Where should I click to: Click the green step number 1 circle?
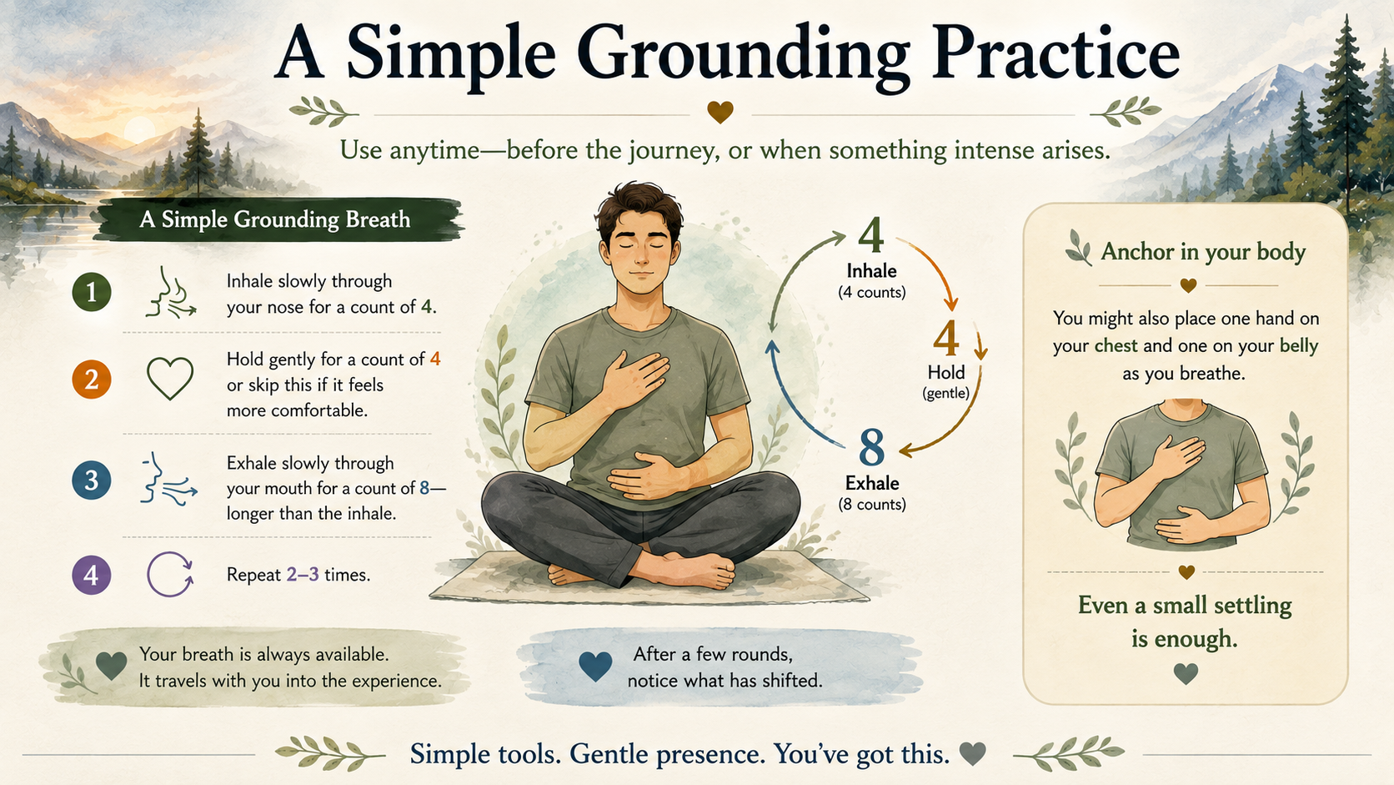92,292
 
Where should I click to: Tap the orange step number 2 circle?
92,379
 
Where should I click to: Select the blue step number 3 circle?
92,480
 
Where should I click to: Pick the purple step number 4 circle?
92,575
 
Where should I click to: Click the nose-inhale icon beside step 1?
171,293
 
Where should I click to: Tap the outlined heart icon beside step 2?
170,379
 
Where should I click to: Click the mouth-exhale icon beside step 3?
168,479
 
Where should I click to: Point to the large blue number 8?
871,447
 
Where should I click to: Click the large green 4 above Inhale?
870,234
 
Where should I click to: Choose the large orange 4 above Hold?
945,338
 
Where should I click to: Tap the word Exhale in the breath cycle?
872,483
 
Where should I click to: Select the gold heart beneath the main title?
720,112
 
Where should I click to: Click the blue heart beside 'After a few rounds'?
595,667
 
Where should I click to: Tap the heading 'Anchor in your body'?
1202,251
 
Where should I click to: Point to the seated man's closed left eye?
659,244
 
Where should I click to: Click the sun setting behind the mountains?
139,130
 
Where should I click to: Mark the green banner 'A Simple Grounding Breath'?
278,219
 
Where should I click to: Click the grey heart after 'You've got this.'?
972,754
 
